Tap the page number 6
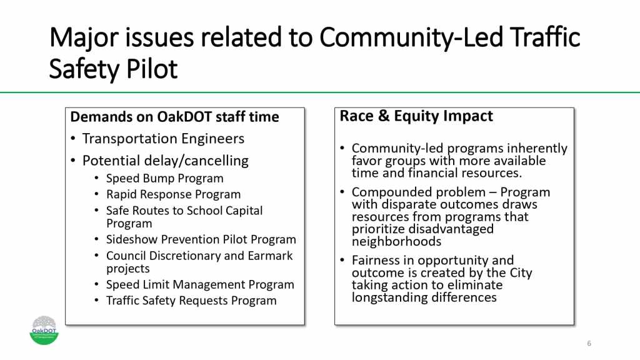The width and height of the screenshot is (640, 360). point(589,344)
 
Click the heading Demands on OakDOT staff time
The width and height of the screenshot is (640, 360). point(174,117)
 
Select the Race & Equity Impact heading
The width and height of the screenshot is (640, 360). point(416,116)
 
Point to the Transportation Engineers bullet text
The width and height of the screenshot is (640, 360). point(163,139)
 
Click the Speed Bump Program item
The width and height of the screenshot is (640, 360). point(165,178)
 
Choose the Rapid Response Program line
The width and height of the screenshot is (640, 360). point(173,194)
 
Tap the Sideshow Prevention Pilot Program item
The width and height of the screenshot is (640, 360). point(201,239)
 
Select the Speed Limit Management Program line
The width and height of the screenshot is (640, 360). point(200,284)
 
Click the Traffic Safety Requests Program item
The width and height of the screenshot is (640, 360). point(191,301)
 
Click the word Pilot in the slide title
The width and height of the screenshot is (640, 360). point(153,69)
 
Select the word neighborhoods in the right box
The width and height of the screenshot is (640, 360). point(396,241)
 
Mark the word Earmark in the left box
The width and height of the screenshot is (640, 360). point(269,256)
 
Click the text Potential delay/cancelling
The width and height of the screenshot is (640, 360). point(165,161)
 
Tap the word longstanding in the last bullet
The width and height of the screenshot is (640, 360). point(388,297)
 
